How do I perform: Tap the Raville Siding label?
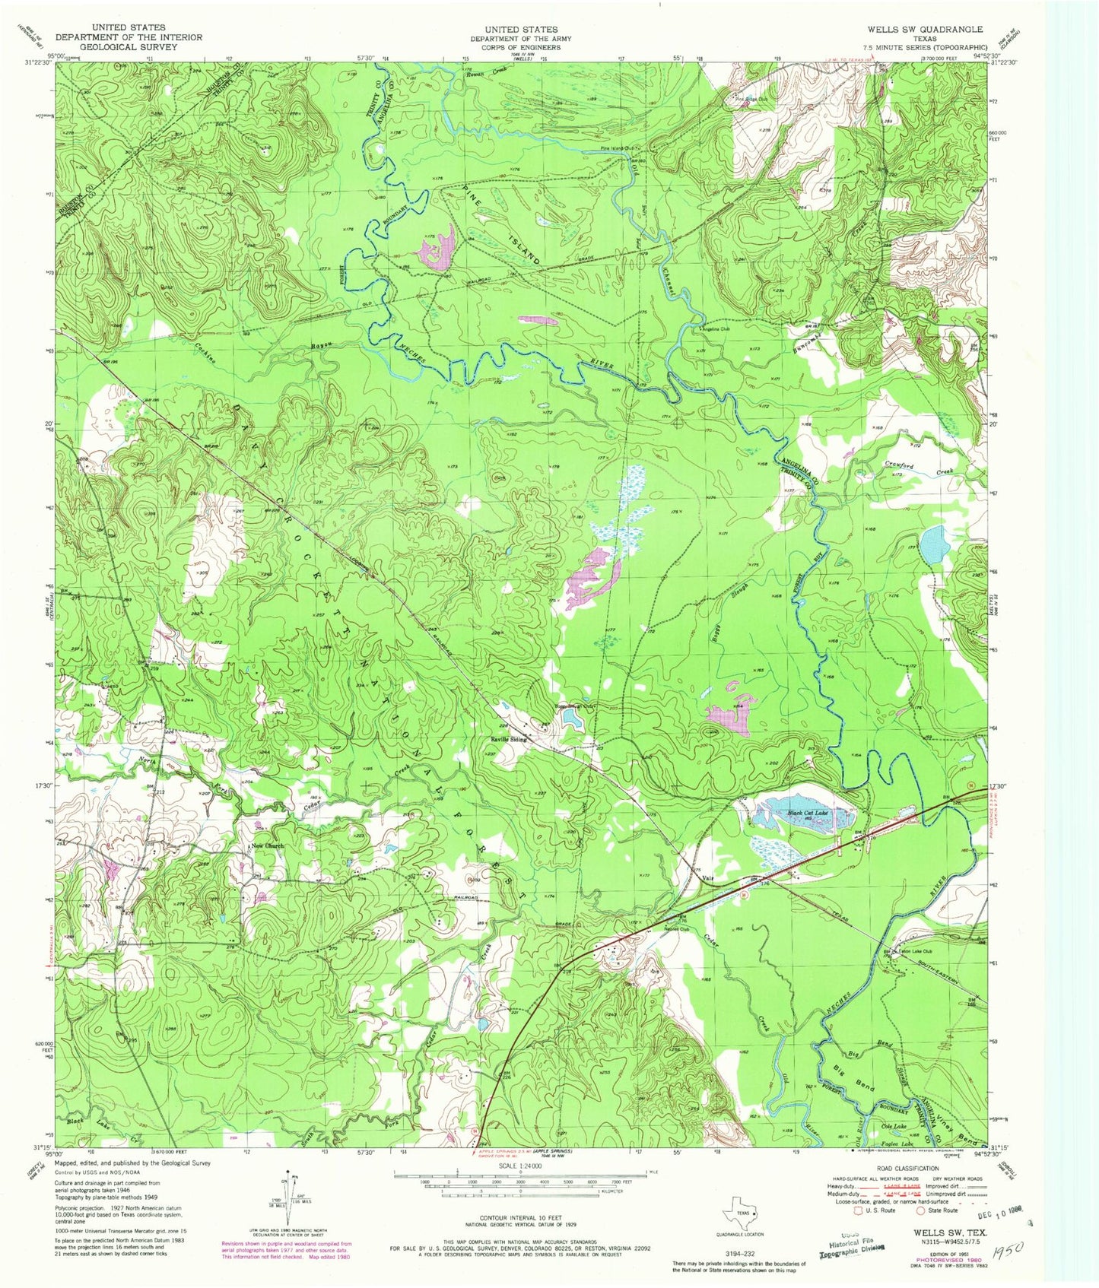point(508,738)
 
